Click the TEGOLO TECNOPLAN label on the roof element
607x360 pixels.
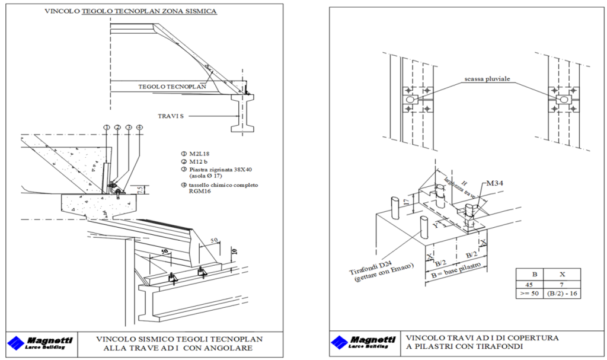172,86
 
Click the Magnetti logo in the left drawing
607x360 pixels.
40,343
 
